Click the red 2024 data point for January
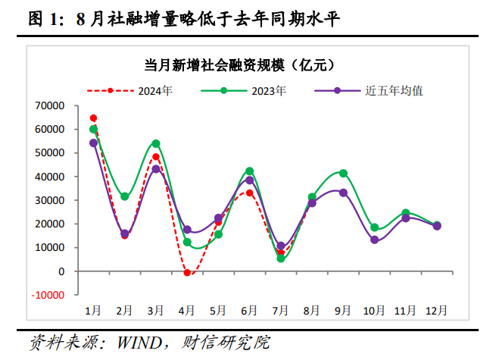(93, 118)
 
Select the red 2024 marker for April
(187, 272)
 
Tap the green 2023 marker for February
(125, 196)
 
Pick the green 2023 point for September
(343, 173)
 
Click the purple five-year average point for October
(374, 239)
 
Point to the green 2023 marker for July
(281, 258)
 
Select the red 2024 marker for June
(249, 193)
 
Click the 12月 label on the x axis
(436, 310)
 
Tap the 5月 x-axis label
(218, 310)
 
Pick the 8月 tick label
(312, 310)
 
